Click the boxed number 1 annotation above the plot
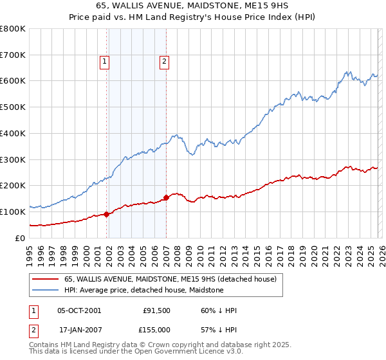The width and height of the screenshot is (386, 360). tap(104, 62)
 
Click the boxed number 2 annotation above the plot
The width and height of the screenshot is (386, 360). tap(164, 62)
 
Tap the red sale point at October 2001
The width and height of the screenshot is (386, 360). tap(106, 215)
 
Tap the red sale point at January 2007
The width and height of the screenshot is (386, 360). tap(166, 197)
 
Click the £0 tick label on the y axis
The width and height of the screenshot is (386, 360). tap(19, 238)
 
